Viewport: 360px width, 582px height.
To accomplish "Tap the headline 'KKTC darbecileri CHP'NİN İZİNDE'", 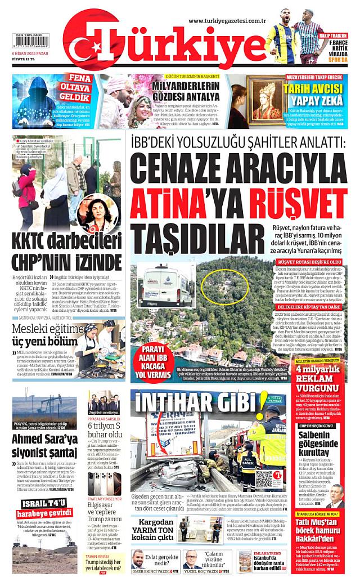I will (x=66, y=253).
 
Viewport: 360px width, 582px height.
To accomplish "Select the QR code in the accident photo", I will (x=265, y=480).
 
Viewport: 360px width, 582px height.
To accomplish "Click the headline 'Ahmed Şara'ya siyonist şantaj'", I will (x=44, y=444).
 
